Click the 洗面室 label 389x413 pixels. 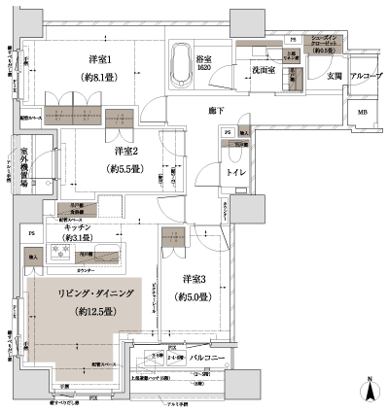(266, 71)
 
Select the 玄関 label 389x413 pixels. (334, 77)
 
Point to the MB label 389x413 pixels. (362, 114)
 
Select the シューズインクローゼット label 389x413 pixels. (323, 45)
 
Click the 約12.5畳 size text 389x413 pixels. (76, 312)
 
